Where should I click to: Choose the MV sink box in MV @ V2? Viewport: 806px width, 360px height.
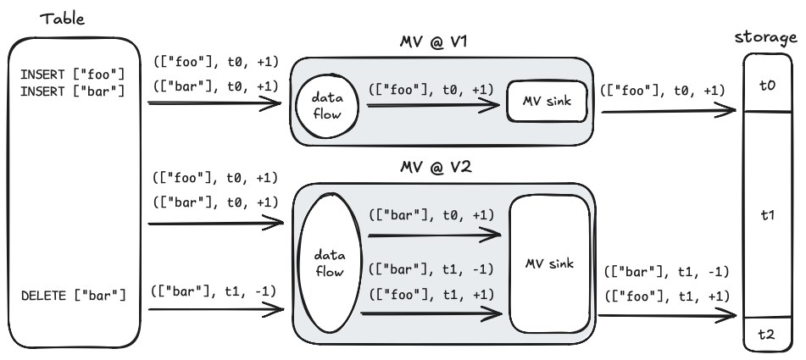pos(548,264)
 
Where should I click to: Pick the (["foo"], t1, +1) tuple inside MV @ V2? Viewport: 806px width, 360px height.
pos(431,293)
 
